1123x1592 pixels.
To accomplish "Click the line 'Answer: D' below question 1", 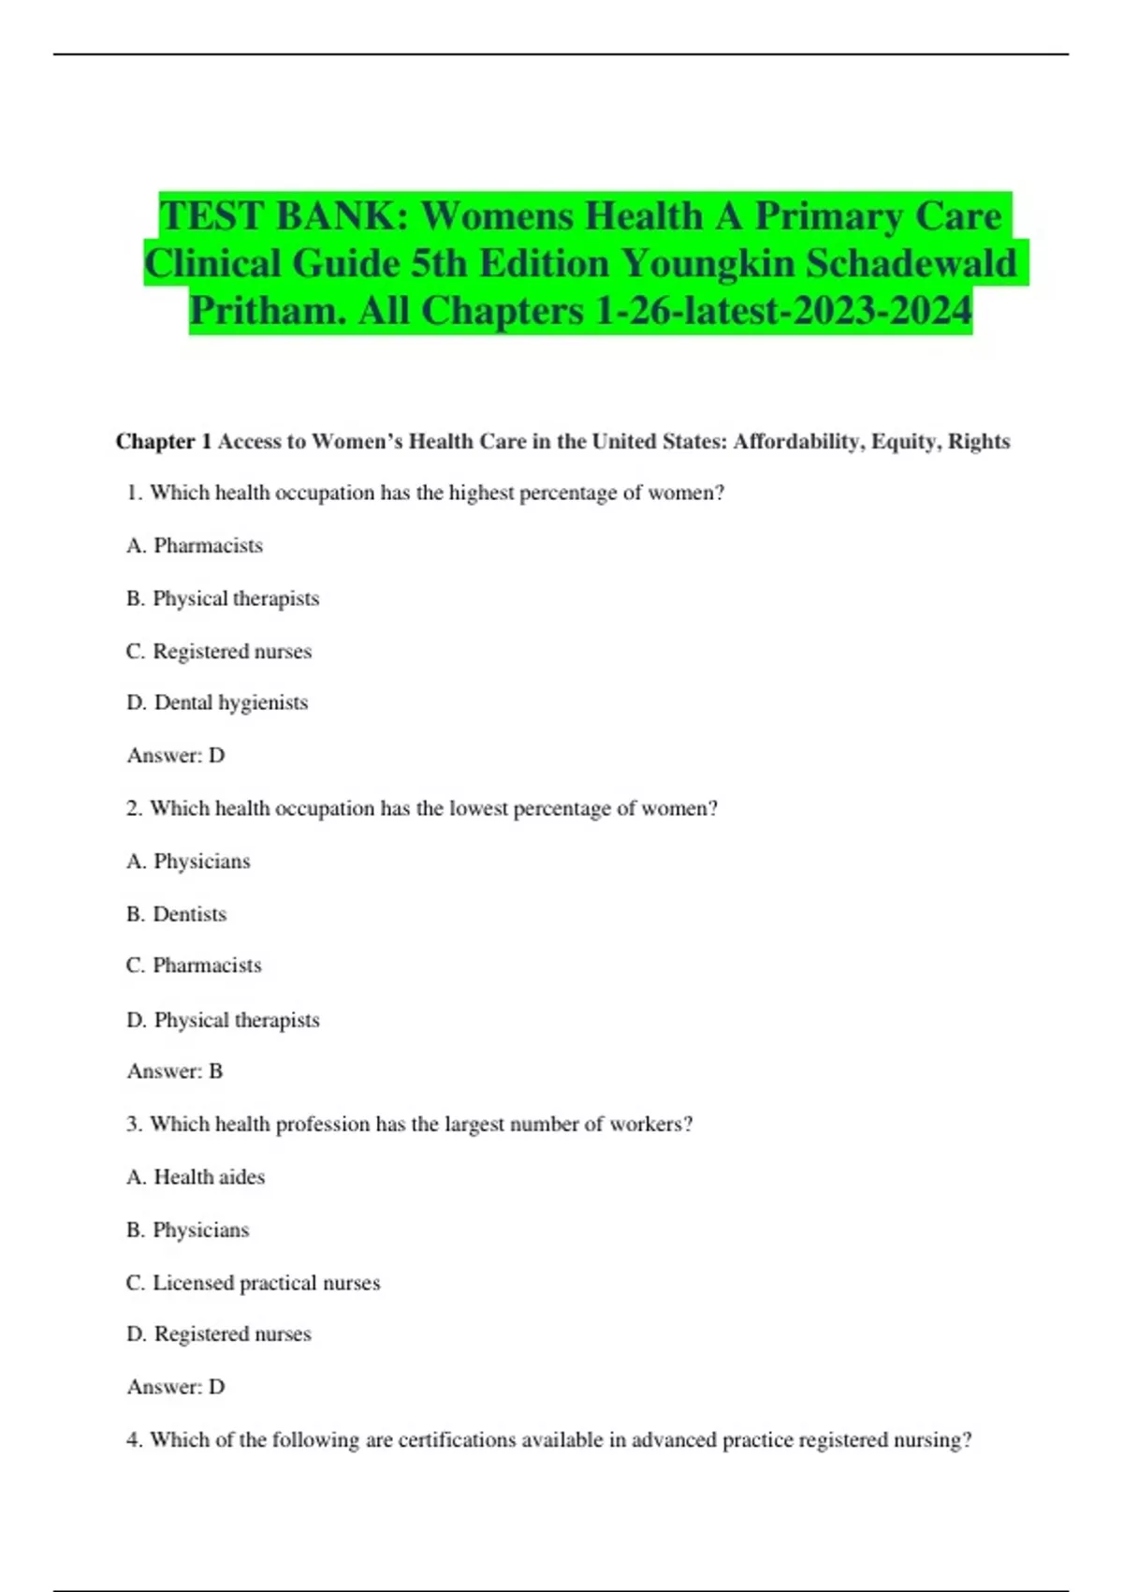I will click(x=176, y=755).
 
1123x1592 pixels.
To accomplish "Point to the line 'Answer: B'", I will click(x=175, y=1070).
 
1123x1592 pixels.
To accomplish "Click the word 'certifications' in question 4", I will click(x=457, y=1439).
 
